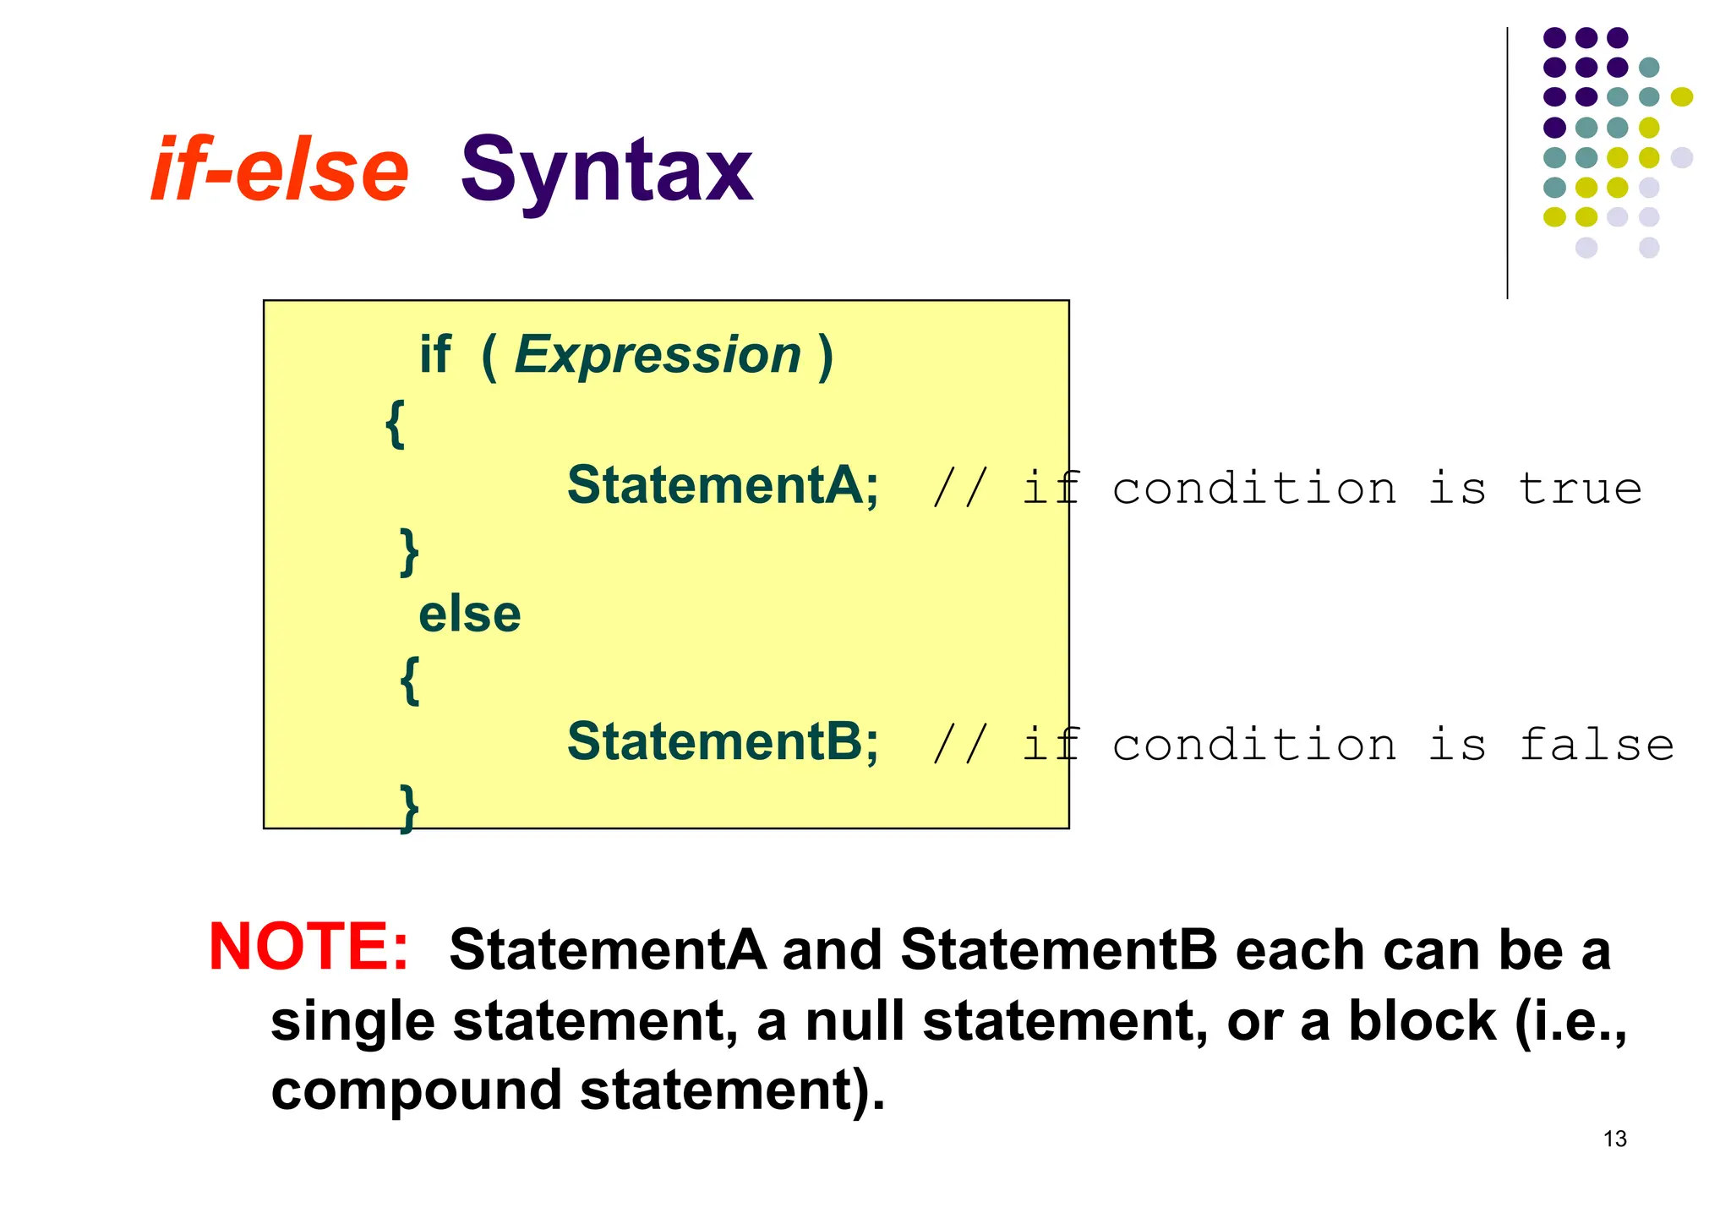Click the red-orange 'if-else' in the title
click(x=280, y=171)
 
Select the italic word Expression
click(x=658, y=354)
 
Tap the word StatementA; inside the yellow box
click(x=723, y=486)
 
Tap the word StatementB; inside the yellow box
click(x=723, y=742)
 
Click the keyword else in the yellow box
click(x=470, y=615)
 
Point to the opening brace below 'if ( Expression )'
click(x=395, y=423)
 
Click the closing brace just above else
click(x=409, y=552)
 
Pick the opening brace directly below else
click(x=409, y=680)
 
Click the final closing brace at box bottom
click(x=409, y=808)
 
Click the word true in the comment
click(x=1580, y=489)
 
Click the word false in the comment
click(x=1596, y=745)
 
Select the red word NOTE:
click(x=309, y=947)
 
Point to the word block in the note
click(x=1422, y=1020)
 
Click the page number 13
click(x=1614, y=1139)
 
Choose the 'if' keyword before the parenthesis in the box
click(x=435, y=354)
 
